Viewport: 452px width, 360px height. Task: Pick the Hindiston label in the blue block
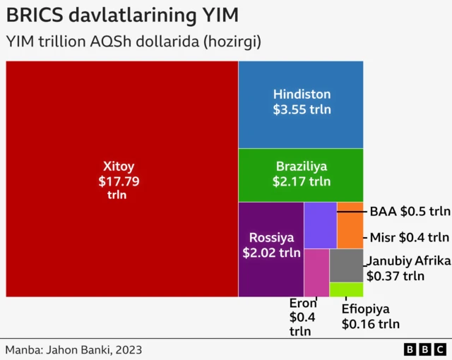pos(302,94)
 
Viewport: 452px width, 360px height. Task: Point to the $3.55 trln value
pos(302,109)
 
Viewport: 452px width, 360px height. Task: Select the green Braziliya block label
pos(302,167)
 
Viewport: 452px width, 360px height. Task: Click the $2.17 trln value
pos(302,181)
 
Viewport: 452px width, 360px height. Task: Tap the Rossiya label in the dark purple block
pos(271,237)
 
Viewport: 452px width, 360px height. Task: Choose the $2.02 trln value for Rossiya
pos(271,252)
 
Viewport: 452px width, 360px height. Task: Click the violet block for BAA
pos(320,224)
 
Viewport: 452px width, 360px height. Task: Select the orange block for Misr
pos(350,224)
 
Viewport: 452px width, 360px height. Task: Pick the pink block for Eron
pos(316,272)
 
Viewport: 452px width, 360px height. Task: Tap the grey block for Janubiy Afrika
pos(346,265)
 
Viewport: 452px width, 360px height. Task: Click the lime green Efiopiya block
pos(346,289)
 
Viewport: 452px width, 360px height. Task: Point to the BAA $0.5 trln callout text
pos(410,211)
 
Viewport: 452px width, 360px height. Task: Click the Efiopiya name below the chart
pos(366,309)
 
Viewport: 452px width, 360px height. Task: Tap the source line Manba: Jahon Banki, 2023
pos(71,349)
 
